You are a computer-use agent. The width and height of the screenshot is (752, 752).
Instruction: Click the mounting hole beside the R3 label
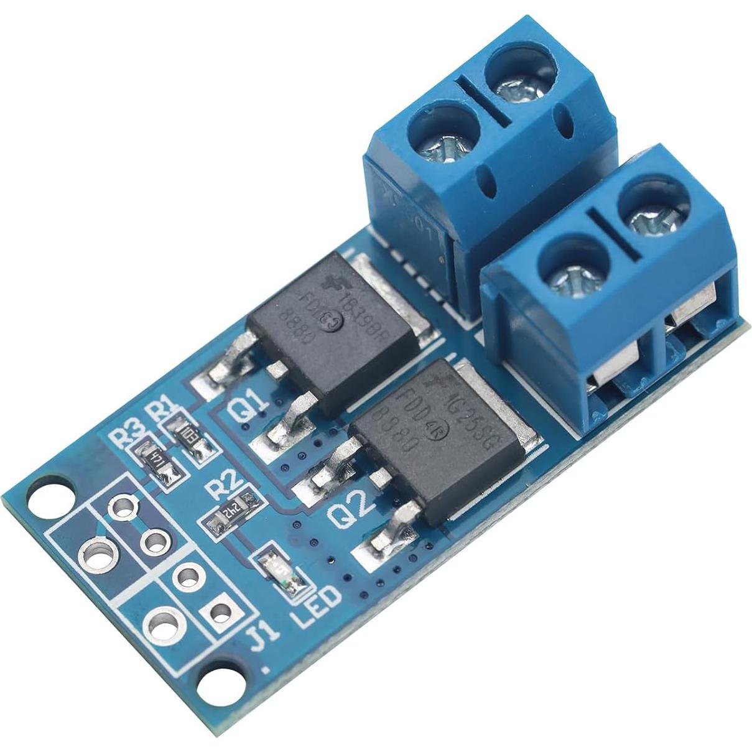49,497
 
